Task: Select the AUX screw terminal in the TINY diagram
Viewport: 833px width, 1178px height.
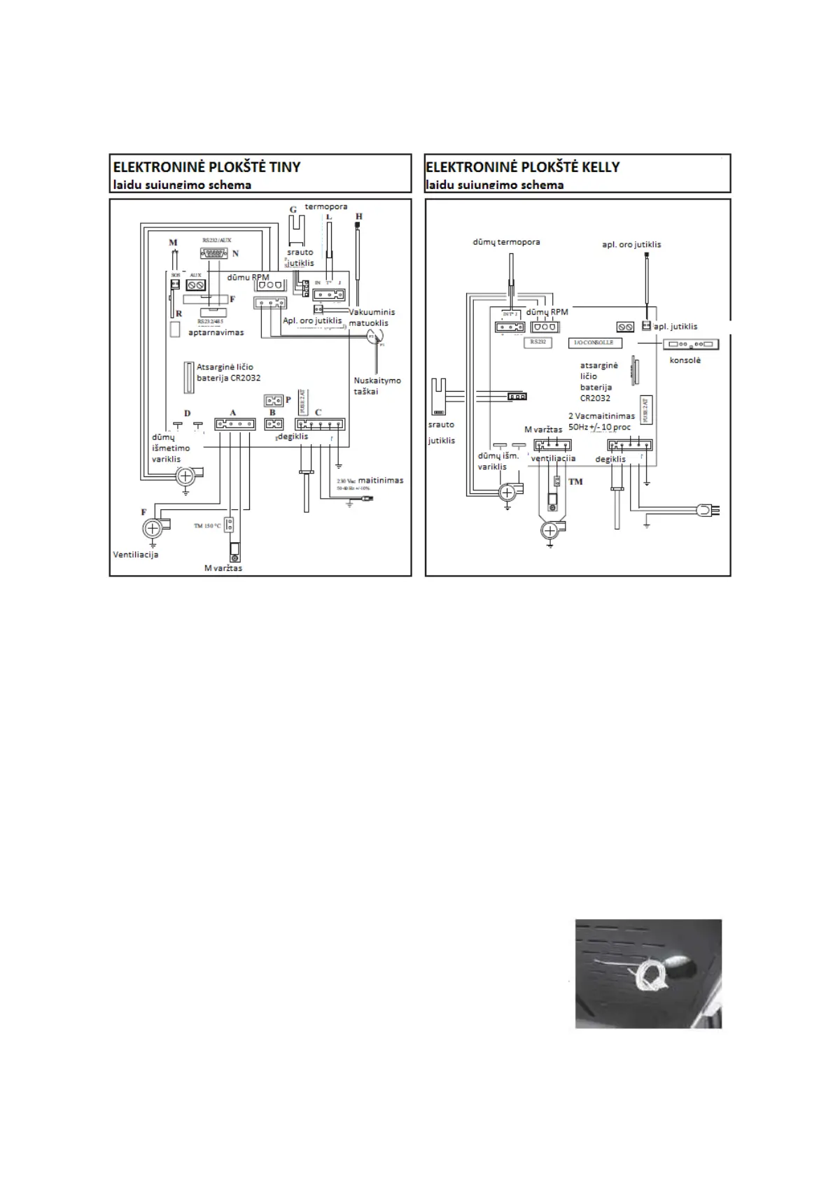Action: (x=196, y=285)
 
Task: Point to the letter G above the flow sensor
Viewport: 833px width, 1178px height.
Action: (x=293, y=209)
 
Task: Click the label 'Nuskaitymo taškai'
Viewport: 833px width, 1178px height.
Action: (x=377, y=385)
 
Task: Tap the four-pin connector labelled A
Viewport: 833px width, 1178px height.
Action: (x=234, y=424)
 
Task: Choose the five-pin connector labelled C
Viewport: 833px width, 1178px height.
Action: (x=320, y=424)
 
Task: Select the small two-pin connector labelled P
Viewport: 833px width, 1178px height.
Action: (x=273, y=401)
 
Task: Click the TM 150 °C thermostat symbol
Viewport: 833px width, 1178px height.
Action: (x=228, y=525)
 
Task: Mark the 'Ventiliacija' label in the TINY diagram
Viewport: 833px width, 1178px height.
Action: (x=136, y=555)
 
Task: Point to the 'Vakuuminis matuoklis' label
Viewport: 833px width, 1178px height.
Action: (x=372, y=318)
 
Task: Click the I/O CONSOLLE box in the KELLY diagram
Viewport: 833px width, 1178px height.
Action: (x=594, y=343)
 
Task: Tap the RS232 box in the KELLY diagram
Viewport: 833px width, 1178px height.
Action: (x=538, y=342)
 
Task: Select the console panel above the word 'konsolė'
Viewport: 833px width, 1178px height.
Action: (x=691, y=345)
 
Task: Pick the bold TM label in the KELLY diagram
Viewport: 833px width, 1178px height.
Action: (x=575, y=482)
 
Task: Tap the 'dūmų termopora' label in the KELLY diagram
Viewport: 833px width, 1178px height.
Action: (x=506, y=242)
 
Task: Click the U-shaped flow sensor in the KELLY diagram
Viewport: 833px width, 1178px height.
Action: (x=440, y=395)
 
